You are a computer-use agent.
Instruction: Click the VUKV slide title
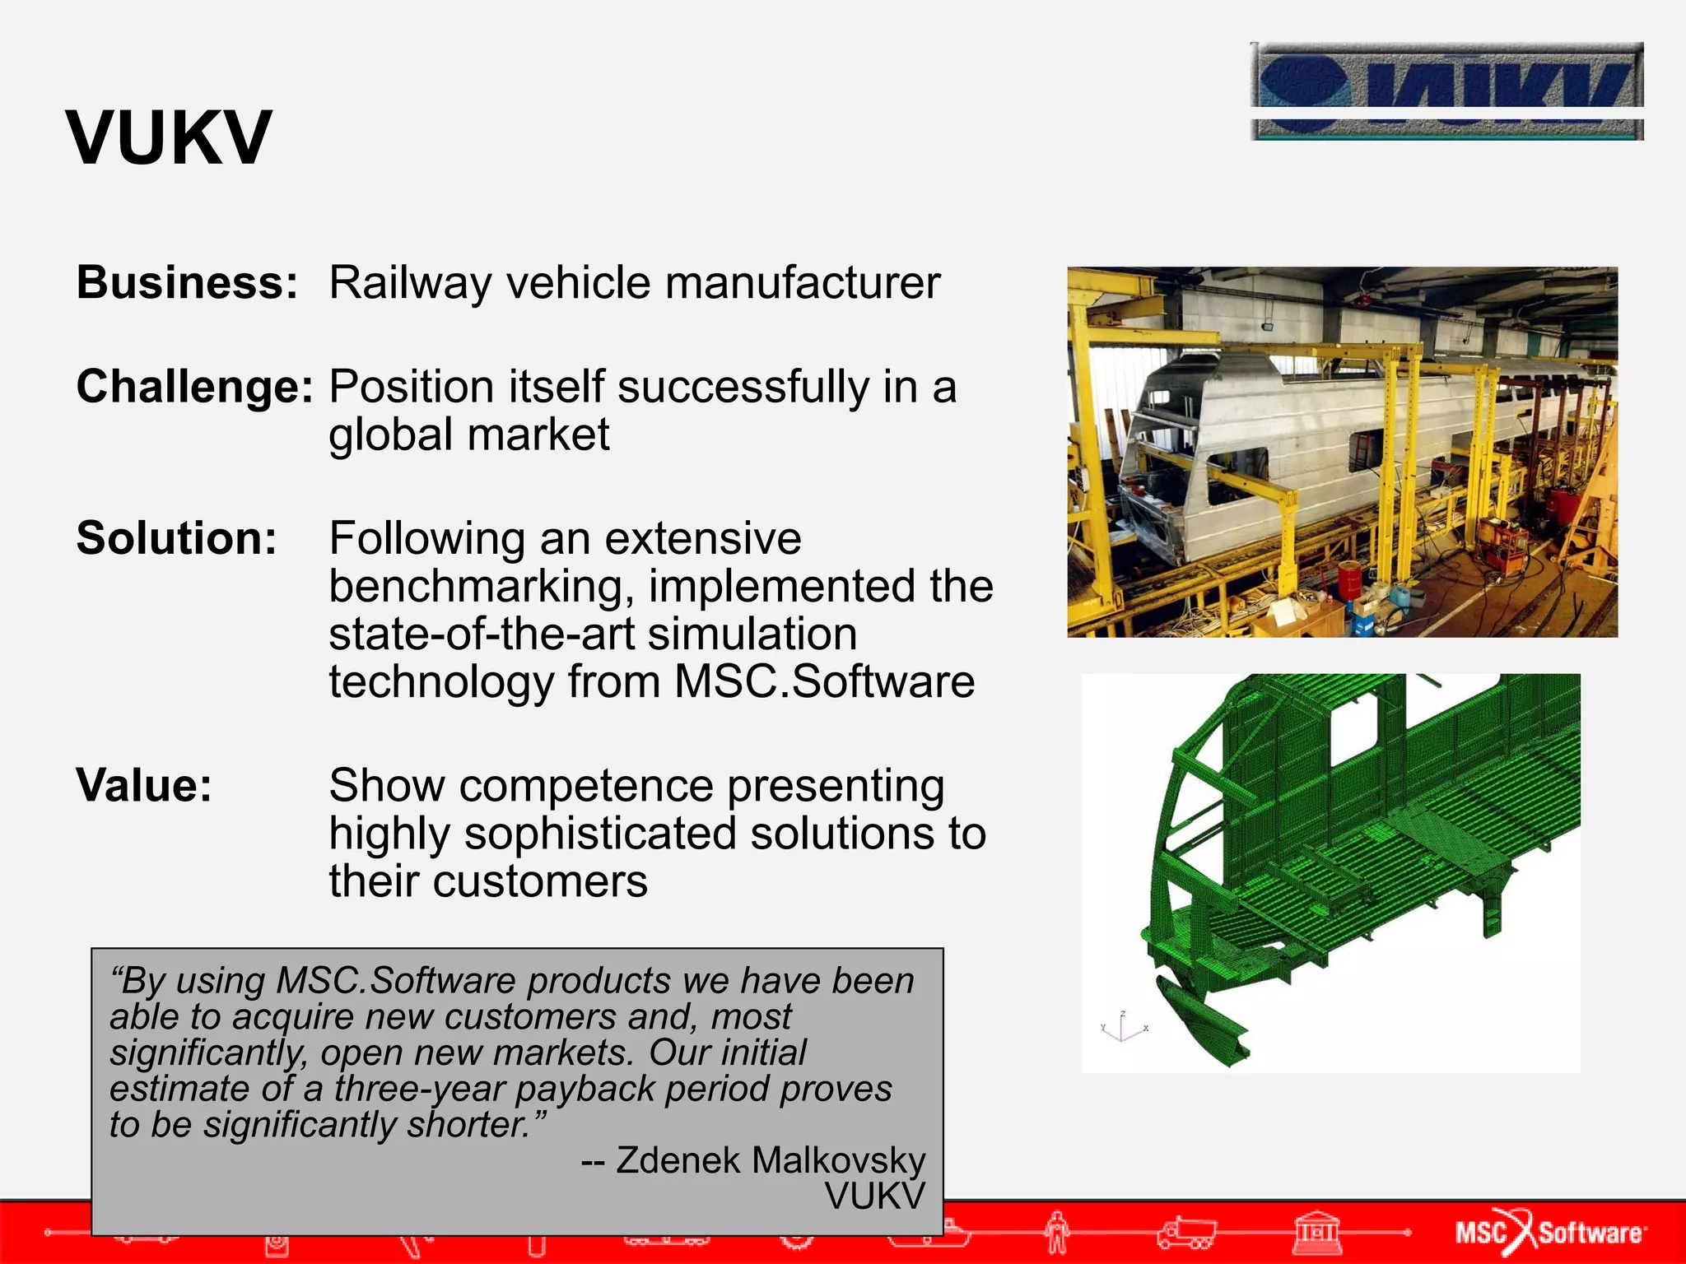pyautogui.click(x=169, y=138)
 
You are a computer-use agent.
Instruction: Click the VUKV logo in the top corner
pyautogui.click(x=1446, y=91)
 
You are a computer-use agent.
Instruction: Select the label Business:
pyautogui.click(x=187, y=283)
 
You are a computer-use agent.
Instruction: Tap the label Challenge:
pyautogui.click(x=195, y=387)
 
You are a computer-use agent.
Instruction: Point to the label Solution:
pyautogui.click(x=176, y=539)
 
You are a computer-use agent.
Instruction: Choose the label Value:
pyautogui.click(x=144, y=786)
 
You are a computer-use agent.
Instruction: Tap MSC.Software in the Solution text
pyautogui.click(x=824, y=682)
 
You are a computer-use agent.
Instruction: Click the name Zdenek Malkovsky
pyautogui.click(x=771, y=1160)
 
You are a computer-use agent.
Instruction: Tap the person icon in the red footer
pyautogui.click(x=1058, y=1232)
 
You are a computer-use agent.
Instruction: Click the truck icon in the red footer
pyautogui.click(x=1185, y=1232)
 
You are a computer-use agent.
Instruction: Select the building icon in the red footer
pyautogui.click(x=1317, y=1232)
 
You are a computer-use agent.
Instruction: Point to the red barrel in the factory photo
pyautogui.click(x=1349, y=580)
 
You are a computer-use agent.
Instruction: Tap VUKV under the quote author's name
pyautogui.click(x=874, y=1197)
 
